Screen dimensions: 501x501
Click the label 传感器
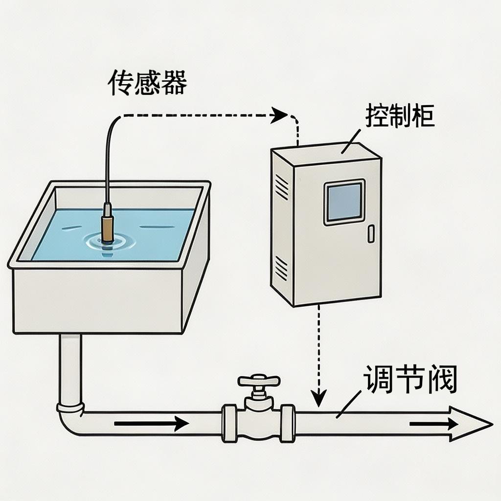tap(147, 83)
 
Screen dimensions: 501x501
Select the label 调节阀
tap(410, 381)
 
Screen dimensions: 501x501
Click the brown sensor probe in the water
tap(107, 226)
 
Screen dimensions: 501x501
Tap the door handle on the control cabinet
tap(370, 233)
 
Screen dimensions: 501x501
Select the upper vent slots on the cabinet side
tap(282, 188)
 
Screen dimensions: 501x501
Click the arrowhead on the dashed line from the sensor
tap(279, 115)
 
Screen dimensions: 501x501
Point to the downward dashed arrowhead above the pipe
tap(319, 398)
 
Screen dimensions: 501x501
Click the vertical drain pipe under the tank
tap(70, 367)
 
